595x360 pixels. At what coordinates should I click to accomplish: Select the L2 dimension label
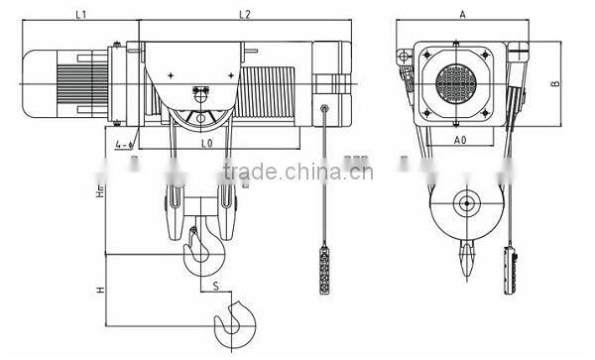point(244,15)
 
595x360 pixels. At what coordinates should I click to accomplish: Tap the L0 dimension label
point(206,144)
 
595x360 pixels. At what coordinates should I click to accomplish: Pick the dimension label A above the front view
point(462,15)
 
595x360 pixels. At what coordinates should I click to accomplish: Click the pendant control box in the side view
point(324,267)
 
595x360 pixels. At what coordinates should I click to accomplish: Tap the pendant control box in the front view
point(513,272)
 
